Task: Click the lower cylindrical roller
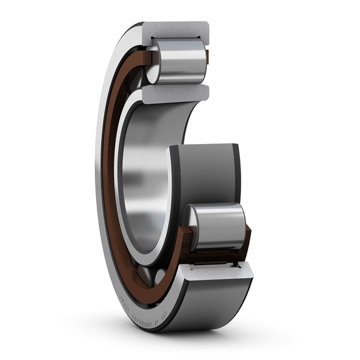click(x=220, y=227)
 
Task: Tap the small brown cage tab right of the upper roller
click(x=207, y=58)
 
